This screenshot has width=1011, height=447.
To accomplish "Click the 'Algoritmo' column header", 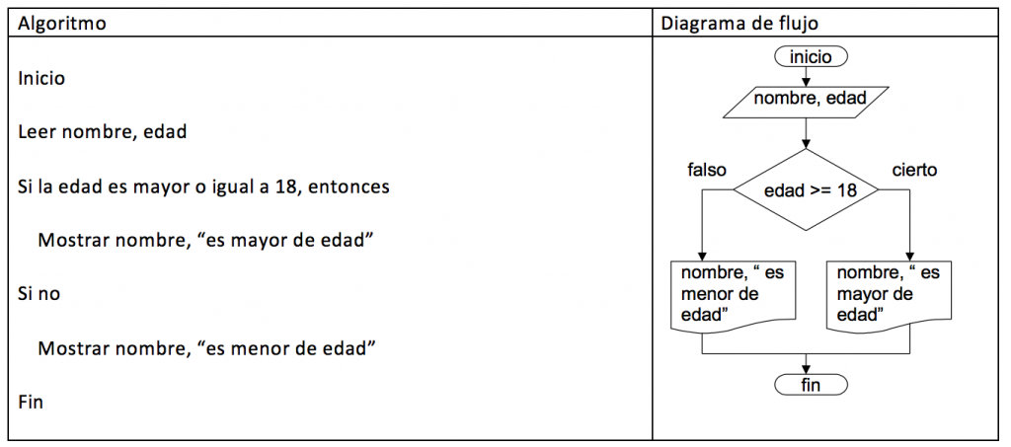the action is coord(62,24).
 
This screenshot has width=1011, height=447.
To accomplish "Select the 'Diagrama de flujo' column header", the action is coord(740,24).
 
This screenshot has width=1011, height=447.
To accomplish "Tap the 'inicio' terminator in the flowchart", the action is coord(811,56).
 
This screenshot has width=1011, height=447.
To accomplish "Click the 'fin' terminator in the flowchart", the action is coord(811,385).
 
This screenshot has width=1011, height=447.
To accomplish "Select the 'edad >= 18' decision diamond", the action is coord(806,190).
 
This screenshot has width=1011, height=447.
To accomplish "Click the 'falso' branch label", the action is coord(707,170).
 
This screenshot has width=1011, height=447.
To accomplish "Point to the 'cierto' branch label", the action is coord(914,170).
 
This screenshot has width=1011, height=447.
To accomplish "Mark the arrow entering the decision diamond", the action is coord(806,134).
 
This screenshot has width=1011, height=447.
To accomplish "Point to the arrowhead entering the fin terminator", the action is coord(806,371).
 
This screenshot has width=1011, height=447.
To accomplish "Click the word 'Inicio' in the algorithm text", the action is coord(41,79).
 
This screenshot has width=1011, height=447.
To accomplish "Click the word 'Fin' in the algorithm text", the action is coord(31,404).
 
